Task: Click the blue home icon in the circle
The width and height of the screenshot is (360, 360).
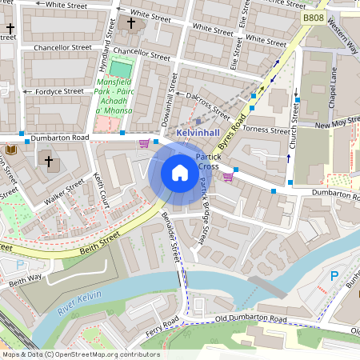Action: [x=180, y=173]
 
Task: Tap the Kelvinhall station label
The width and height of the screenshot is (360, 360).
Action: [x=199, y=130]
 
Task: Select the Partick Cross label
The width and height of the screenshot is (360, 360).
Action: [x=208, y=162]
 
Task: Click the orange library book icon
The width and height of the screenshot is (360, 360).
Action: [x=11, y=150]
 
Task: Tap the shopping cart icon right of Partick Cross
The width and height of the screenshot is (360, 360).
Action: [x=229, y=176]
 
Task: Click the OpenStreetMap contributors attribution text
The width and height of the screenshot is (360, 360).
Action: [x=81, y=354]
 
